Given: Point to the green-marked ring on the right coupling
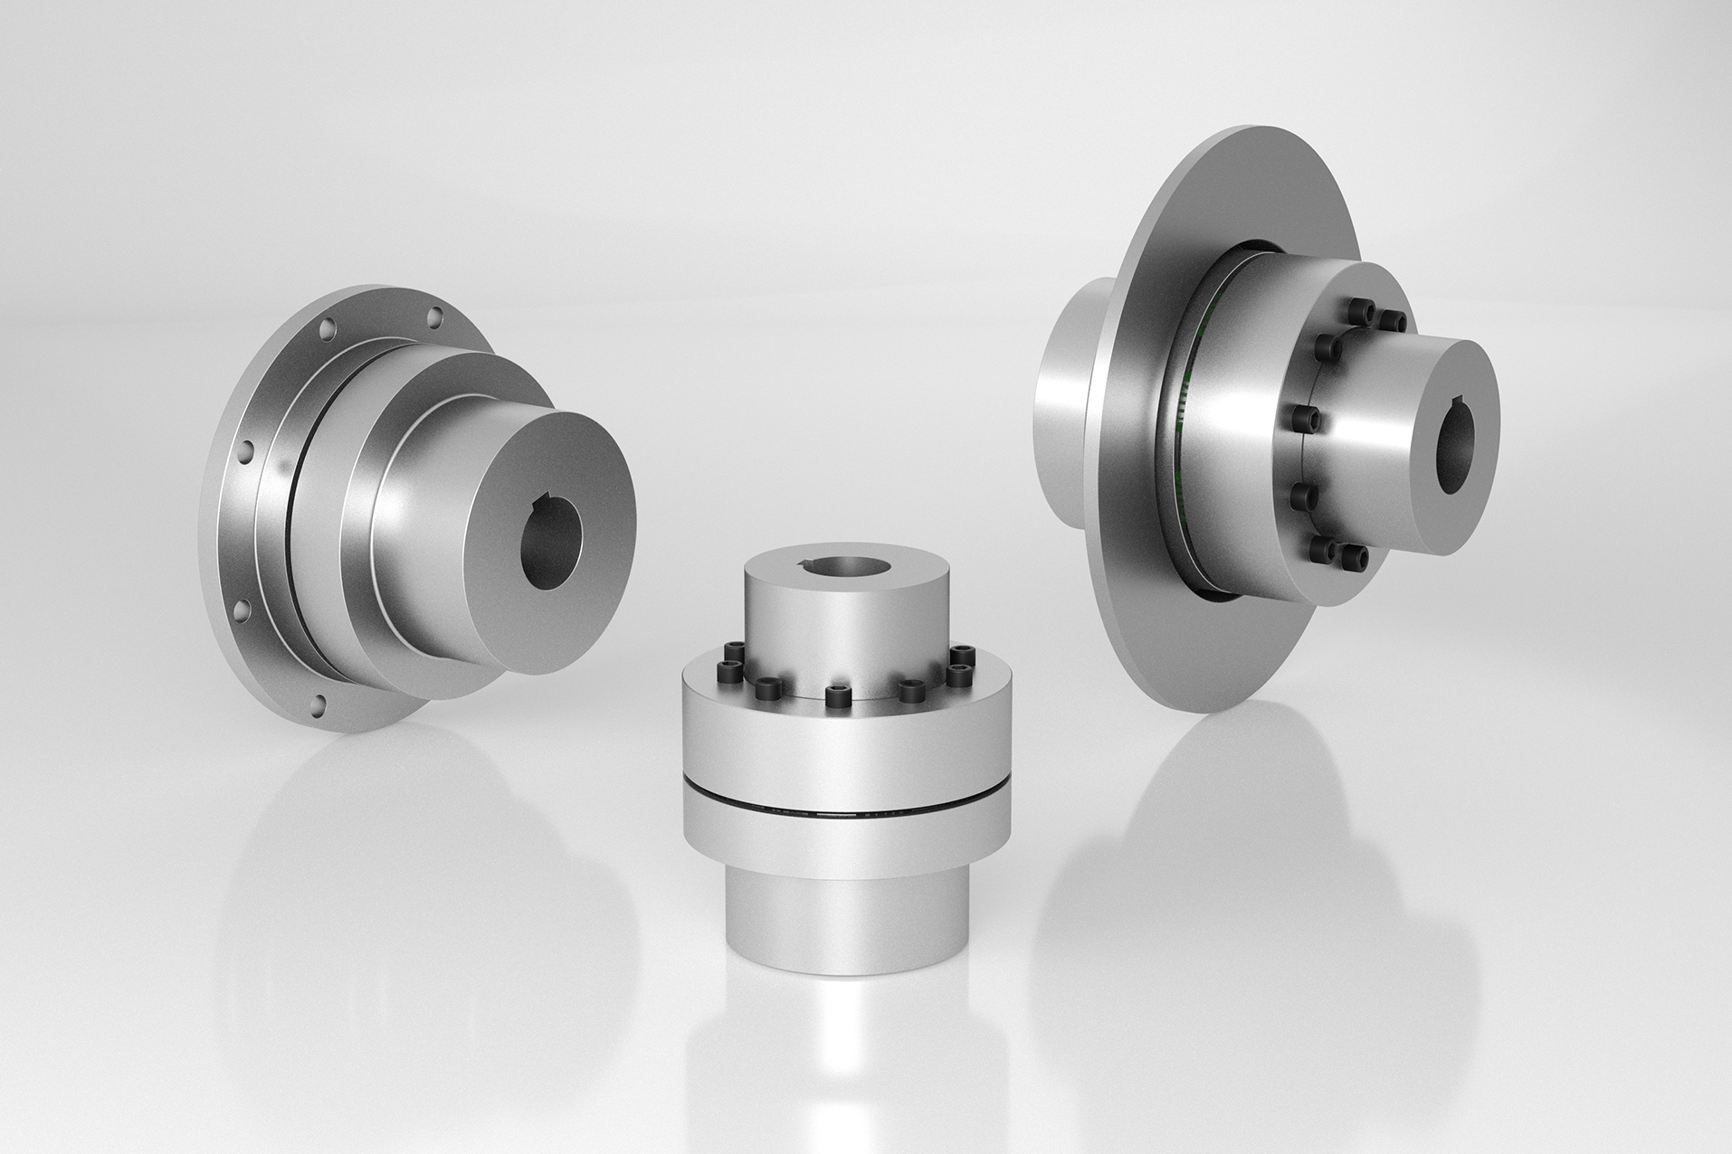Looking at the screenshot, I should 1185,425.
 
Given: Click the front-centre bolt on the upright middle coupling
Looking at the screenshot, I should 833,695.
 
